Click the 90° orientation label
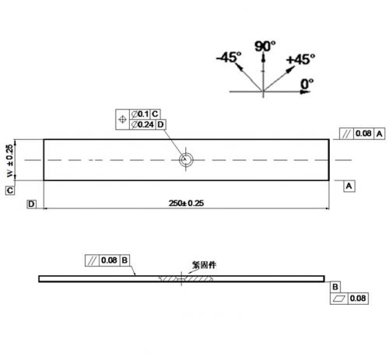pyautogui.click(x=265, y=47)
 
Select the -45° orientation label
pyautogui.click(x=229, y=57)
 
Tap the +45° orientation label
pyautogui.click(x=300, y=59)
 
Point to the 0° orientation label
pyautogui.click(x=307, y=84)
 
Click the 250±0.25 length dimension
pyautogui.click(x=186, y=203)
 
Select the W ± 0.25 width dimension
pyautogui.click(x=9, y=161)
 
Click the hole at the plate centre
pyautogui.click(x=186, y=159)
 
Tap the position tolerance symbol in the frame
pyautogui.click(x=122, y=120)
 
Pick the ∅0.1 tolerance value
pyautogui.click(x=140, y=114)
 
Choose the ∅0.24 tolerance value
pyautogui.click(x=142, y=124)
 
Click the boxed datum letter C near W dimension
pyautogui.click(x=10, y=190)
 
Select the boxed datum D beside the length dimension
pyautogui.click(x=31, y=204)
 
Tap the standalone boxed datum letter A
pyautogui.click(x=349, y=186)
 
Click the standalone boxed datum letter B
pyautogui.click(x=335, y=287)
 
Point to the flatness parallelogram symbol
pyautogui.click(x=339, y=299)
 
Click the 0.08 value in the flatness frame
pyautogui.click(x=358, y=299)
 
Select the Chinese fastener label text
pyautogui.click(x=204, y=265)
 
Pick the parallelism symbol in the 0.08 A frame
pyautogui.click(x=347, y=134)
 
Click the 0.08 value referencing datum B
pyautogui.click(x=109, y=260)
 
